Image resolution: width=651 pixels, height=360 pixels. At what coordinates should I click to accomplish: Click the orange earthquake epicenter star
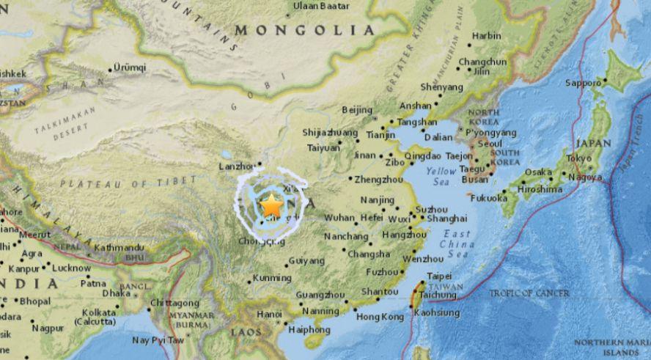[271, 202]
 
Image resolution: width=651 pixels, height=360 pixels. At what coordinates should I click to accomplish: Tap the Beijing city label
[357, 110]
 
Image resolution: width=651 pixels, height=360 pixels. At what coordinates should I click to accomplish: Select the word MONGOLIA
[304, 30]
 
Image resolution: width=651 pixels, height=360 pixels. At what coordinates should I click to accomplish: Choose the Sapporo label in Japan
[583, 83]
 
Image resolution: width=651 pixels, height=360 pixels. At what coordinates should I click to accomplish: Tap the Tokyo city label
[578, 158]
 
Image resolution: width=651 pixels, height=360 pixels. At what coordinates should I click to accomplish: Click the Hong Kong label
[380, 317]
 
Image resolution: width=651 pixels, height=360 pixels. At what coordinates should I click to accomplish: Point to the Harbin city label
[487, 35]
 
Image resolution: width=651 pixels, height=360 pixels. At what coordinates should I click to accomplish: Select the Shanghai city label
[446, 218]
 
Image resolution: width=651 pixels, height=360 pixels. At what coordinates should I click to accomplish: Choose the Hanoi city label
[268, 315]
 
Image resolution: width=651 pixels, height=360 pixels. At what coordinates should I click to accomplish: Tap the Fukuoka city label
[488, 198]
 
